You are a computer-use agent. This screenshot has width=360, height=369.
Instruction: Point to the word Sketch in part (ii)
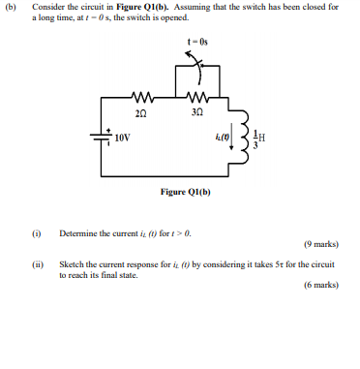(71, 263)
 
